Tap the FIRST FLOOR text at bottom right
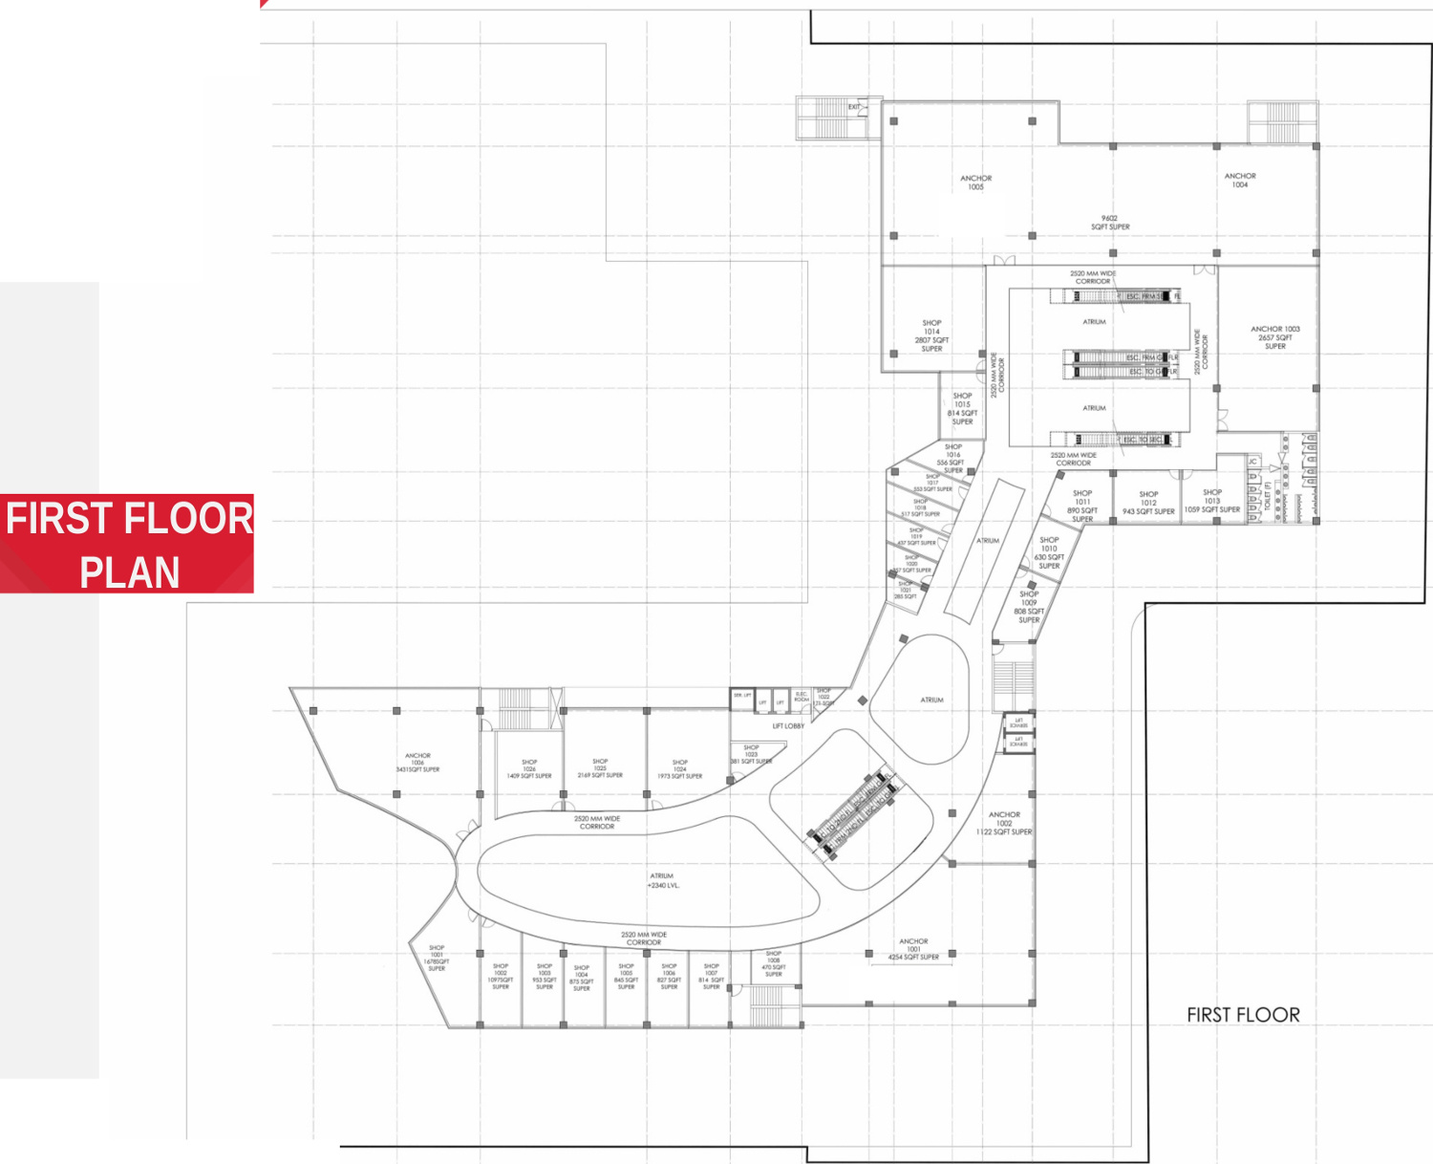tap(1243, 1015)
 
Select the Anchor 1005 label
tap(975, 183)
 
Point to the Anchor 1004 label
tap(1240, 181)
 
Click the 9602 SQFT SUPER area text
tap(1110, 223)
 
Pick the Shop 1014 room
tap(931, 335)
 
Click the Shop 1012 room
tap(1148, 503)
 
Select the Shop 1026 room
tap(529, 769)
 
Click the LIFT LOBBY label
tap(788, 726)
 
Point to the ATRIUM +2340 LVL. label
tap(662, 880)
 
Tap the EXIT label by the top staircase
tap(854, 107)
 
